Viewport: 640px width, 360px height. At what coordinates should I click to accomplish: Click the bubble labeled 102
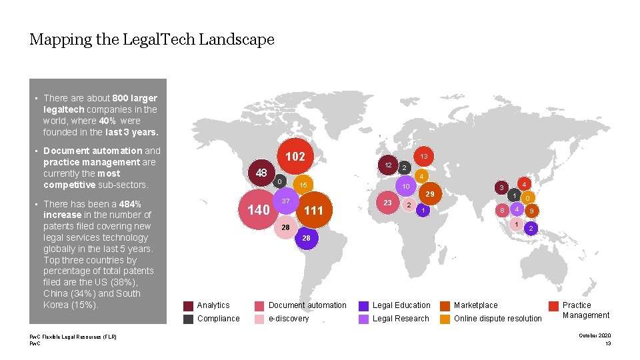295,157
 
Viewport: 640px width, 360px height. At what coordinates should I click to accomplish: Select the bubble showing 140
259,210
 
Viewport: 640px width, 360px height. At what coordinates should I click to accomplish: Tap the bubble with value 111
313,211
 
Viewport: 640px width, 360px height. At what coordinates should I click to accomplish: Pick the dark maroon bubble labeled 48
261,173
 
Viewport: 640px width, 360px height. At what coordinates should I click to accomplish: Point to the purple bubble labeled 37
285,201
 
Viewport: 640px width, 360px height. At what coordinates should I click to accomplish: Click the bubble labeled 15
303,185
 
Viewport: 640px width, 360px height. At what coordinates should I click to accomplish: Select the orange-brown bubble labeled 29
430,194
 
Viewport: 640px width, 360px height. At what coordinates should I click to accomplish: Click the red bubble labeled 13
423,156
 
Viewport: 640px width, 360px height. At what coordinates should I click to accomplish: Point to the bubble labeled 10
405,187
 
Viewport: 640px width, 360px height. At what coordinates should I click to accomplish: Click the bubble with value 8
502,211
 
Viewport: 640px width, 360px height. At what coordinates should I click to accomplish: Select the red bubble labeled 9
531,211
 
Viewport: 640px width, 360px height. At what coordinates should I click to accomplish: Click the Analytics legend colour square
189,305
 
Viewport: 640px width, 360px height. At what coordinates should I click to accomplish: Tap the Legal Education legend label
401,305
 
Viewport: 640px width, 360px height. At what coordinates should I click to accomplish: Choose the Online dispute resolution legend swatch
445,319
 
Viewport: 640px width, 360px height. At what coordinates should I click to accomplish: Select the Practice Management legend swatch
553,305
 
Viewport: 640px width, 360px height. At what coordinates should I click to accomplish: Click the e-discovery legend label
289,319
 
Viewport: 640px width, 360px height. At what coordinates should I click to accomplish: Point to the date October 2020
595,335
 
